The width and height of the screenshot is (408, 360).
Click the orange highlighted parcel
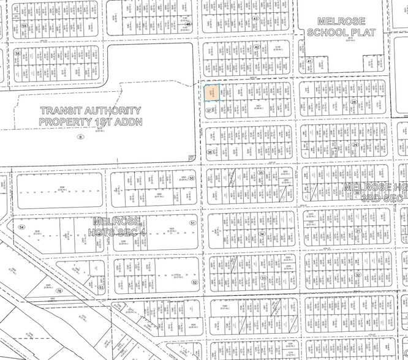point(211,92)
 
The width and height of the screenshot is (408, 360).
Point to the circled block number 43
point(255,18)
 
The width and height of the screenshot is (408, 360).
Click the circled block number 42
point(257,47)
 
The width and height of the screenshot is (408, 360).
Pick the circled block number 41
point(310,61)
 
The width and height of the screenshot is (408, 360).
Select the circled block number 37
point(210,110)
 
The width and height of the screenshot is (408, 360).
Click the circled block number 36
point(210,152)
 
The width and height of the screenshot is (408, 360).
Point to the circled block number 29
point(355,145)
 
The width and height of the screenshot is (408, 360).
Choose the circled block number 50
point(192,179)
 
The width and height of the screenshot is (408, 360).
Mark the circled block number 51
point(193,223)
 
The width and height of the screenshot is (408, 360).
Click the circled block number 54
point(21,227)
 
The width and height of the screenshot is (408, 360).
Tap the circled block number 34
point(262,233)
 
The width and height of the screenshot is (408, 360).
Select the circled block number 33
point(263,278)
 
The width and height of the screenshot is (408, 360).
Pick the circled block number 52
point(194,282)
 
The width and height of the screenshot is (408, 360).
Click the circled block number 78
point(59,291)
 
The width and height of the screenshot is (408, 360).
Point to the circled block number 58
point(17,53)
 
